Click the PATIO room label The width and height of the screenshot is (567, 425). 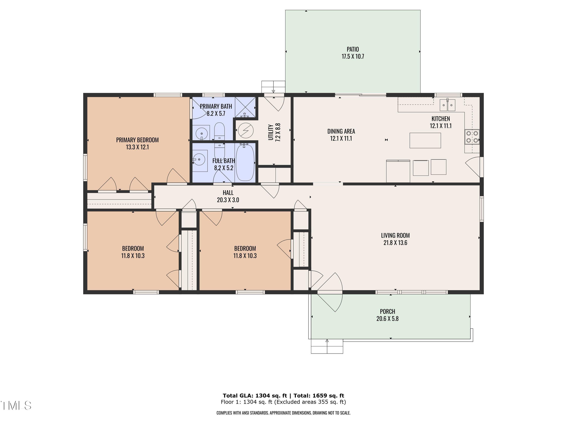point(353,49)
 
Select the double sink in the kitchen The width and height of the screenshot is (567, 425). point(447,105)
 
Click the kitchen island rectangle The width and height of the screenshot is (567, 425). point(425,140)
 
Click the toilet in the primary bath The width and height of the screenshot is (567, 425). point(219,131)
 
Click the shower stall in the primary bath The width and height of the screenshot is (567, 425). point(245,107)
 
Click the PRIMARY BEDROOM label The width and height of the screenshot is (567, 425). point(137,140)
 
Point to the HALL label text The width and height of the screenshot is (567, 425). point(228,193)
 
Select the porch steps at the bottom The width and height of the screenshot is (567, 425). point(327,346)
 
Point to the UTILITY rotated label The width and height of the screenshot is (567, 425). point(270,132)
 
